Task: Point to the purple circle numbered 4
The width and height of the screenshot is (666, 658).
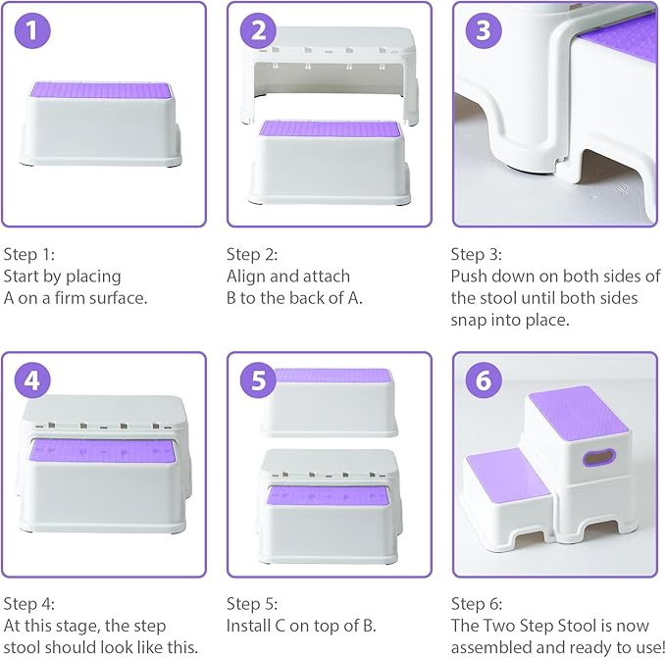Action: pyautogui.click(x=34, y=381)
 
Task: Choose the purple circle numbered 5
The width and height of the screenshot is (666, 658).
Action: pyautogui.click(x=258, y=381)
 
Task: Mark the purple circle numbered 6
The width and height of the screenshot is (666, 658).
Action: pyautogui.click(x=482, y=381)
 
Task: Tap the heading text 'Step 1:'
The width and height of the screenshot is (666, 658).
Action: pyautogui.click(x=29, y=253)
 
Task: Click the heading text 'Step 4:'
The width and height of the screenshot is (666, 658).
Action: pyautogui.click(x=29, y=604)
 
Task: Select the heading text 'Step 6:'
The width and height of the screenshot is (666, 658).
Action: pyautogui.click(x=477, y=604)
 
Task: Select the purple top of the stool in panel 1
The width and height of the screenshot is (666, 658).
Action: pyautogui.click(x=103, y=90)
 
